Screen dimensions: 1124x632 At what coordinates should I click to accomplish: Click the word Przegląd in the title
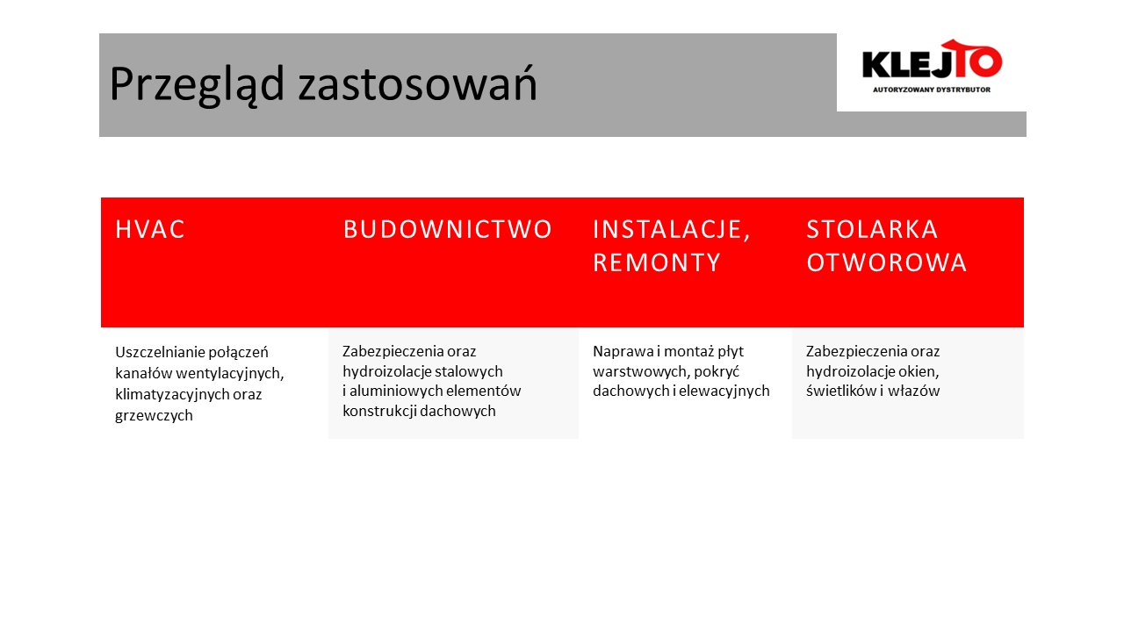pyautogui.click(x=198, y=83)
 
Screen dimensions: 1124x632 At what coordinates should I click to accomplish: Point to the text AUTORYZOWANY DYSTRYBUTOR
pyautogui.click(x=932, y=90)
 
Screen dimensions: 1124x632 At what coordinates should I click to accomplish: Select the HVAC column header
pyautogui.click(x=150, y=229)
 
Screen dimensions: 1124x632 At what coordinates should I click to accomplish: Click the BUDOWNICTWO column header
pyautogui.click(x=448, y=229)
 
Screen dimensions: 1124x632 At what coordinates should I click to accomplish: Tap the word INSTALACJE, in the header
pyautogui.click(x=672, y=230)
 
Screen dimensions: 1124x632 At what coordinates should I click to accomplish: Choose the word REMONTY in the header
pyautogui.click(x=657, y=262)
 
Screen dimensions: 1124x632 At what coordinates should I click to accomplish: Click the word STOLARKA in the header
pyautogui.click(x=872, y=229)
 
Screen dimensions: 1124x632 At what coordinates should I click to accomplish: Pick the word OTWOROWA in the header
pyautogui.click(x=887, y=262)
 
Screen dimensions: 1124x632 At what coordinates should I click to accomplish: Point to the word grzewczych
pyautogui.click(x=154, y=416)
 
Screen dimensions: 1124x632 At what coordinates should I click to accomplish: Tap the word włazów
pyautogui.click(x=914, y=391)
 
